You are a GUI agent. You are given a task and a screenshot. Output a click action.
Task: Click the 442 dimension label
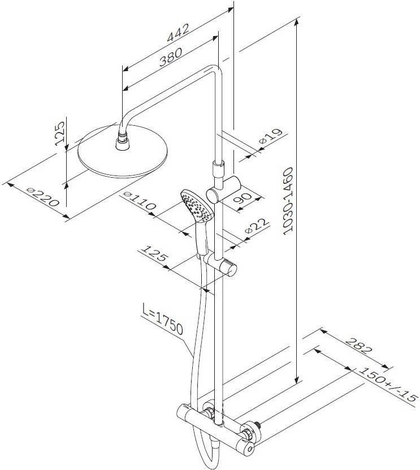(178, 33)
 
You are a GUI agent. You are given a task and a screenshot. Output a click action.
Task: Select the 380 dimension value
(171, 57)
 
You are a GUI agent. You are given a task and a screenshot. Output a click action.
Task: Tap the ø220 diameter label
(42, 197)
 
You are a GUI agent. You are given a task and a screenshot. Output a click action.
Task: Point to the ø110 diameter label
(140, 200)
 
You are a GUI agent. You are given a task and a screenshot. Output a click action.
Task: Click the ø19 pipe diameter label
(271, 137)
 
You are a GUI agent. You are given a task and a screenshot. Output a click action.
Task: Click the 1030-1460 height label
(288, 201)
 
